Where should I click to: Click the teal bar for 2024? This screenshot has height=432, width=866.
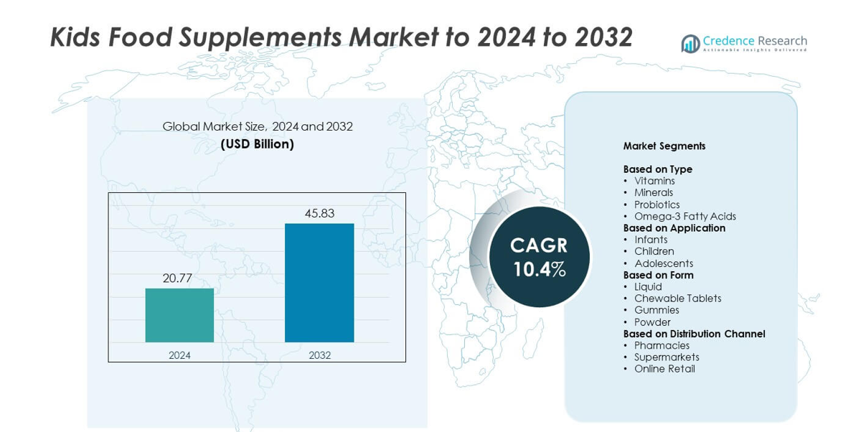coord(179,315)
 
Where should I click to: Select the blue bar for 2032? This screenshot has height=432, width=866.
coord(319,283)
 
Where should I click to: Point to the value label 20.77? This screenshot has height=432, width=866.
coord(177,278)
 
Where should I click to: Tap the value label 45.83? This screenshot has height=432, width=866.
coord(319,213)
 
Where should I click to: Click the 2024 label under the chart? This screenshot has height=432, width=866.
coord(179,355)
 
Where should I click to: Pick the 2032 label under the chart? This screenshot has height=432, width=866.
coord(319,355)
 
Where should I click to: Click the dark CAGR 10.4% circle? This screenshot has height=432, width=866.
coord(539,257)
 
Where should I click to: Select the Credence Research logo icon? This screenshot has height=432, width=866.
coord(690,44)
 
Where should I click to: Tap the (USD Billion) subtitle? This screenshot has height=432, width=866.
coord(258,144)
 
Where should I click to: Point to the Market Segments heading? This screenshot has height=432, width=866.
coord(664,146)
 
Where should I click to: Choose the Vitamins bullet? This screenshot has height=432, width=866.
coord(654,181)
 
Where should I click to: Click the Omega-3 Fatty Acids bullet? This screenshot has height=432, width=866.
coord(684,216)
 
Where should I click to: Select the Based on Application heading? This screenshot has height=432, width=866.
coord(674,228)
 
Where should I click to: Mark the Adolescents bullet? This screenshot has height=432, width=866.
coord(663,263)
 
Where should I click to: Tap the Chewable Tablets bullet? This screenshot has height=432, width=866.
coord(677,299)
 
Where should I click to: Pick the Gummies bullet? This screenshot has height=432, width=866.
coord(656,310)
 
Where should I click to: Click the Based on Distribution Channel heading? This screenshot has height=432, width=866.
coord(694,334)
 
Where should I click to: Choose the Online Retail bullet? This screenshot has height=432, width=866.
coord(664,369)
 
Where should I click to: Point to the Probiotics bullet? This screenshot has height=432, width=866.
coord(656,205)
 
